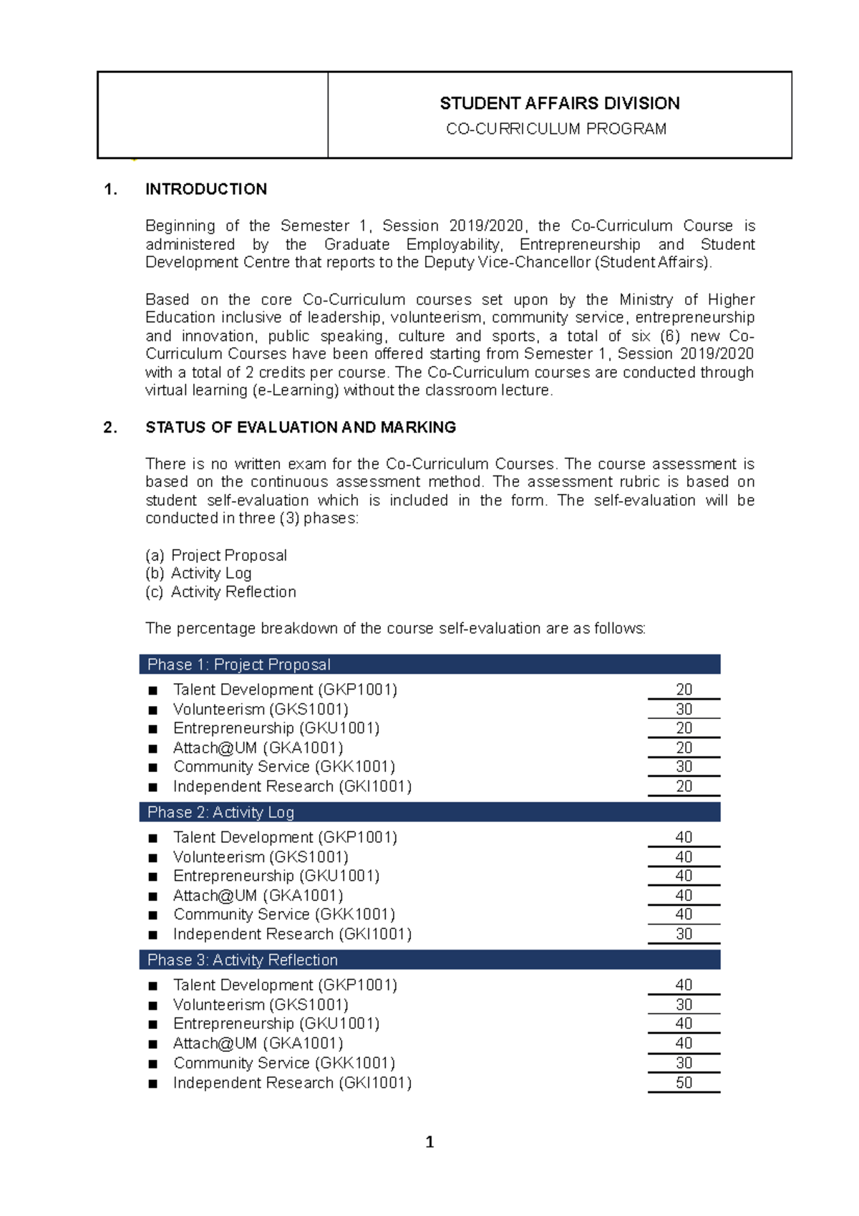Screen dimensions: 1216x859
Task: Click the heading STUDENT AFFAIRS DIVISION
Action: coord(559,104)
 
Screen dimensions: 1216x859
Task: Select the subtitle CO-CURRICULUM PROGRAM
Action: coord(556,129)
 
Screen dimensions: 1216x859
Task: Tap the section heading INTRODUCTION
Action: coord(206,189)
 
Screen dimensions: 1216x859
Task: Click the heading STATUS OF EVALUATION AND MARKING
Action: coord(301,428)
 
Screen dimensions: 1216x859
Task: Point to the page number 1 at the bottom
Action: coord(429,1142)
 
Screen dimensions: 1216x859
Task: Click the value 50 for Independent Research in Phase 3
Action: coord(684,1082)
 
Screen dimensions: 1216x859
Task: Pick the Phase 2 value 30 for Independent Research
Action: coord(684,934)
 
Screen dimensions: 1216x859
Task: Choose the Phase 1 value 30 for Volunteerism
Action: coord(684,709)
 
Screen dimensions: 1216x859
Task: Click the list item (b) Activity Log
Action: coord(198,574)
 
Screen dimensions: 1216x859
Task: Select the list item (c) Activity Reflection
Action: coord(220,592)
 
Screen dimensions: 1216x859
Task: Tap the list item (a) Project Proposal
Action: coord(216,556)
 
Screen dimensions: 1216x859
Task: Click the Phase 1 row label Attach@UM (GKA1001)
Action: coord(258,748)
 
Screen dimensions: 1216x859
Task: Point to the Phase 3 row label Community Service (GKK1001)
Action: coord(283,1063)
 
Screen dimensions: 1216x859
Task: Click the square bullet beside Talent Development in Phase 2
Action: coord(152,838)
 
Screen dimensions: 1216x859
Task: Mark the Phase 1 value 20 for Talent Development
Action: coord(684,689)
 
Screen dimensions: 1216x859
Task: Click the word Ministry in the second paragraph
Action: coord(646,299)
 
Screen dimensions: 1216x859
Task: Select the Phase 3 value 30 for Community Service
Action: coord(684,1063)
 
